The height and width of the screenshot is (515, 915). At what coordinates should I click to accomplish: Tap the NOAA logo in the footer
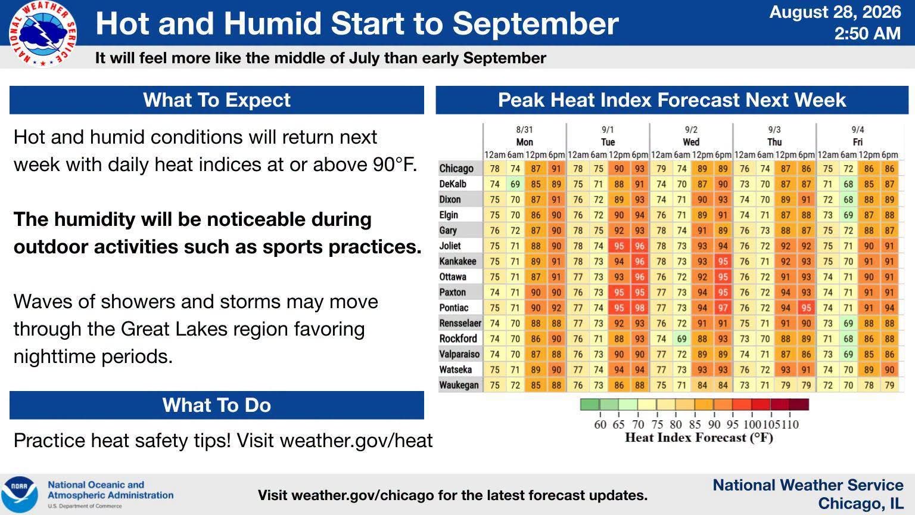(x=20, y=495)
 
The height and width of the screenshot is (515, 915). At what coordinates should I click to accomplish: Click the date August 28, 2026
(x=835, y=13)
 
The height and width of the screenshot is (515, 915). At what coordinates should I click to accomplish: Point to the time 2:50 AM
(x=867, y=33)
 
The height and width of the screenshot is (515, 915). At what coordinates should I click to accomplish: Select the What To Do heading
(x=216, y=405)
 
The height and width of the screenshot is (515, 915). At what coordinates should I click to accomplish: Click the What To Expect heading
(x=216, y=100)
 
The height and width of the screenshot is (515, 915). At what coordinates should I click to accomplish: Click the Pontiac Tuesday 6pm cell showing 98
(x=639, y=308)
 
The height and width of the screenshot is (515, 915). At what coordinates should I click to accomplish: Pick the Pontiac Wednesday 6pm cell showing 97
(x=723, y=308)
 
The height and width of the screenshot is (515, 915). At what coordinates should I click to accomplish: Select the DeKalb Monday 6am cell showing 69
(x=515, y=184)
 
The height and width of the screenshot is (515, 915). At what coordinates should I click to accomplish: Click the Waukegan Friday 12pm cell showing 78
(x=869, y=385)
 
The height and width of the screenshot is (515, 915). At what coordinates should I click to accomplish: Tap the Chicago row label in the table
(x=456, y=169)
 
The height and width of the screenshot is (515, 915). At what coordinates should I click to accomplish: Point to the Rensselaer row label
(x=460, y=323)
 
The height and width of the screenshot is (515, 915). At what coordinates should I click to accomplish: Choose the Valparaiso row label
(x=459, y=354)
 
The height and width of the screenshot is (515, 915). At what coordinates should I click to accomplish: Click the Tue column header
(x=608, y=142)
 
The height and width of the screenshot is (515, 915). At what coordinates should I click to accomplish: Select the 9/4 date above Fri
(x=857, y=129)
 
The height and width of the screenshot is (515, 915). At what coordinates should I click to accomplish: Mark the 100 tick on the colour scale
(x=752, y=424)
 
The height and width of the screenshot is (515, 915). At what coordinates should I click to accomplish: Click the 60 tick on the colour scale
(x=600, y=424)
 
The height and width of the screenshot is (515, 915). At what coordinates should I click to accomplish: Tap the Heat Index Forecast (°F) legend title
(x=699, y=438)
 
